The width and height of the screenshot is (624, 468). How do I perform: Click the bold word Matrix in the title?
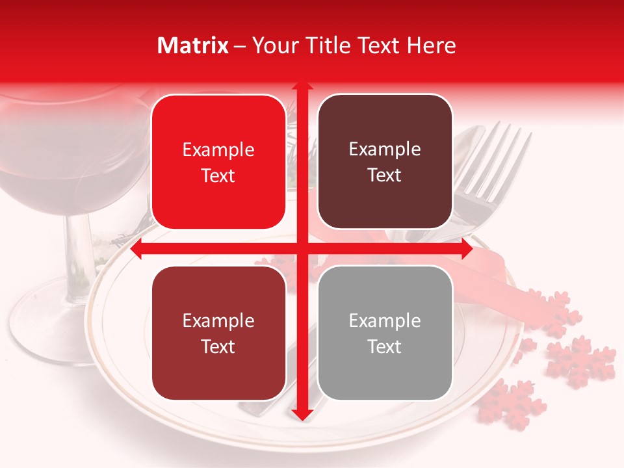coord(193,45)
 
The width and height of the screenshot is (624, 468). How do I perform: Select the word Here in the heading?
coord(432,45)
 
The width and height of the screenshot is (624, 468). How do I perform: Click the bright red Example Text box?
coord(218,162)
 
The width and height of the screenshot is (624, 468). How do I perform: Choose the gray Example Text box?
coord(385,333)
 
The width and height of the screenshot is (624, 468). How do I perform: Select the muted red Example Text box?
coord(218,333)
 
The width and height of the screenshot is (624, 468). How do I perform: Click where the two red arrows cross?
coord(302,249)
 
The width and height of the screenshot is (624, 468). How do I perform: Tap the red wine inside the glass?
coord(58,169)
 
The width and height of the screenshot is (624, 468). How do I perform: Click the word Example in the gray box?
coord(385,320)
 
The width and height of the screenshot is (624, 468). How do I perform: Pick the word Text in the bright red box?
coord(218,175)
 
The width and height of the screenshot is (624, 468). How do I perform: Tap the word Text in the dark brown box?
coord(385,175)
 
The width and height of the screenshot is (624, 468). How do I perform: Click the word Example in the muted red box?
coord(218,320)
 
